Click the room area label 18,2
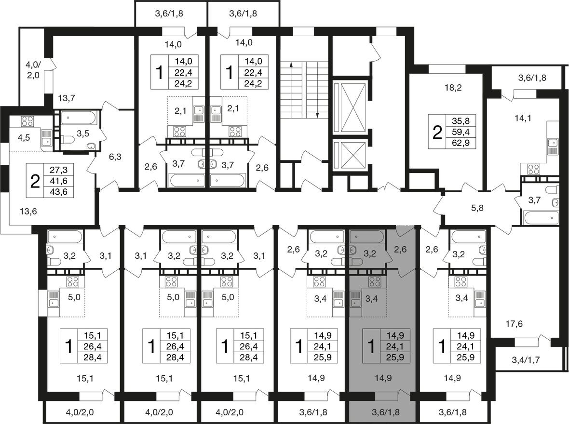(x=453, y=87)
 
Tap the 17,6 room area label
(x=514, y=324)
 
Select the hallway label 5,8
(x=477, y=208)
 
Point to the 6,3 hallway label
(x=115, y=157)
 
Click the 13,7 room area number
(x=67, y=97)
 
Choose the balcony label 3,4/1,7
(x=526, y=360)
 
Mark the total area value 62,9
(x=461, y=143)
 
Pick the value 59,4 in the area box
(x=461, y=132)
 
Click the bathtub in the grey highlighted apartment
(x=366, y=237)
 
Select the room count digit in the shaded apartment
(x=371, y=346)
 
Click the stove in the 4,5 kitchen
(x=27, y=121)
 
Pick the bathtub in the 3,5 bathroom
(x=79, y=118)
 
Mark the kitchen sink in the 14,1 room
(x=552, y=147)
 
